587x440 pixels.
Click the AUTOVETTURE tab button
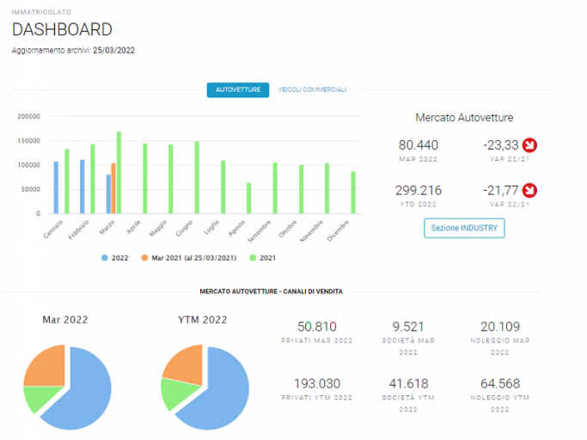tap(238, 90)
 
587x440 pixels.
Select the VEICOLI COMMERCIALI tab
tap(312, 90)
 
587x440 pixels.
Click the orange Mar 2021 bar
tap(113, 188)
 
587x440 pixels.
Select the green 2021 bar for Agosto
tap(249, 199)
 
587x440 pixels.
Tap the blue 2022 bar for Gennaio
tap(56, 187)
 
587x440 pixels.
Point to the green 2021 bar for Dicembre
tap(353, 192)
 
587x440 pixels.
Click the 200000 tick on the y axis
tap(29, 117)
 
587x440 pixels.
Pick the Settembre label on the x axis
tap(259, 231)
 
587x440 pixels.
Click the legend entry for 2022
tap(115, 258)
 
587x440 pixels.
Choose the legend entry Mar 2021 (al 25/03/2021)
tap(189, 258)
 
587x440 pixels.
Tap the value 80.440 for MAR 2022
tap(419, 145)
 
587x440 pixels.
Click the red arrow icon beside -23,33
tap(529, 145)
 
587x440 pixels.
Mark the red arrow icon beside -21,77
tap(529, 190)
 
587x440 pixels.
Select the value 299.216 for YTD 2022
tap(419, 190)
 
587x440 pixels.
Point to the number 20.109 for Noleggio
tap(500, 327)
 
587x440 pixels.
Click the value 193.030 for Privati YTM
tap(317, 383)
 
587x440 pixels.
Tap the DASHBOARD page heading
tap(62, 29)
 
